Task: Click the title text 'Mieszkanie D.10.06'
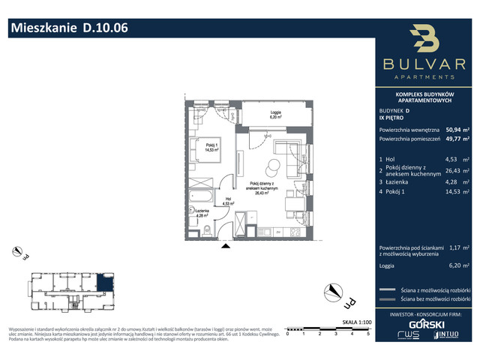(68, 29)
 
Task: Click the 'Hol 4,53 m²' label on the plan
(228, 200)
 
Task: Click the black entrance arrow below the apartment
(224, 245)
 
